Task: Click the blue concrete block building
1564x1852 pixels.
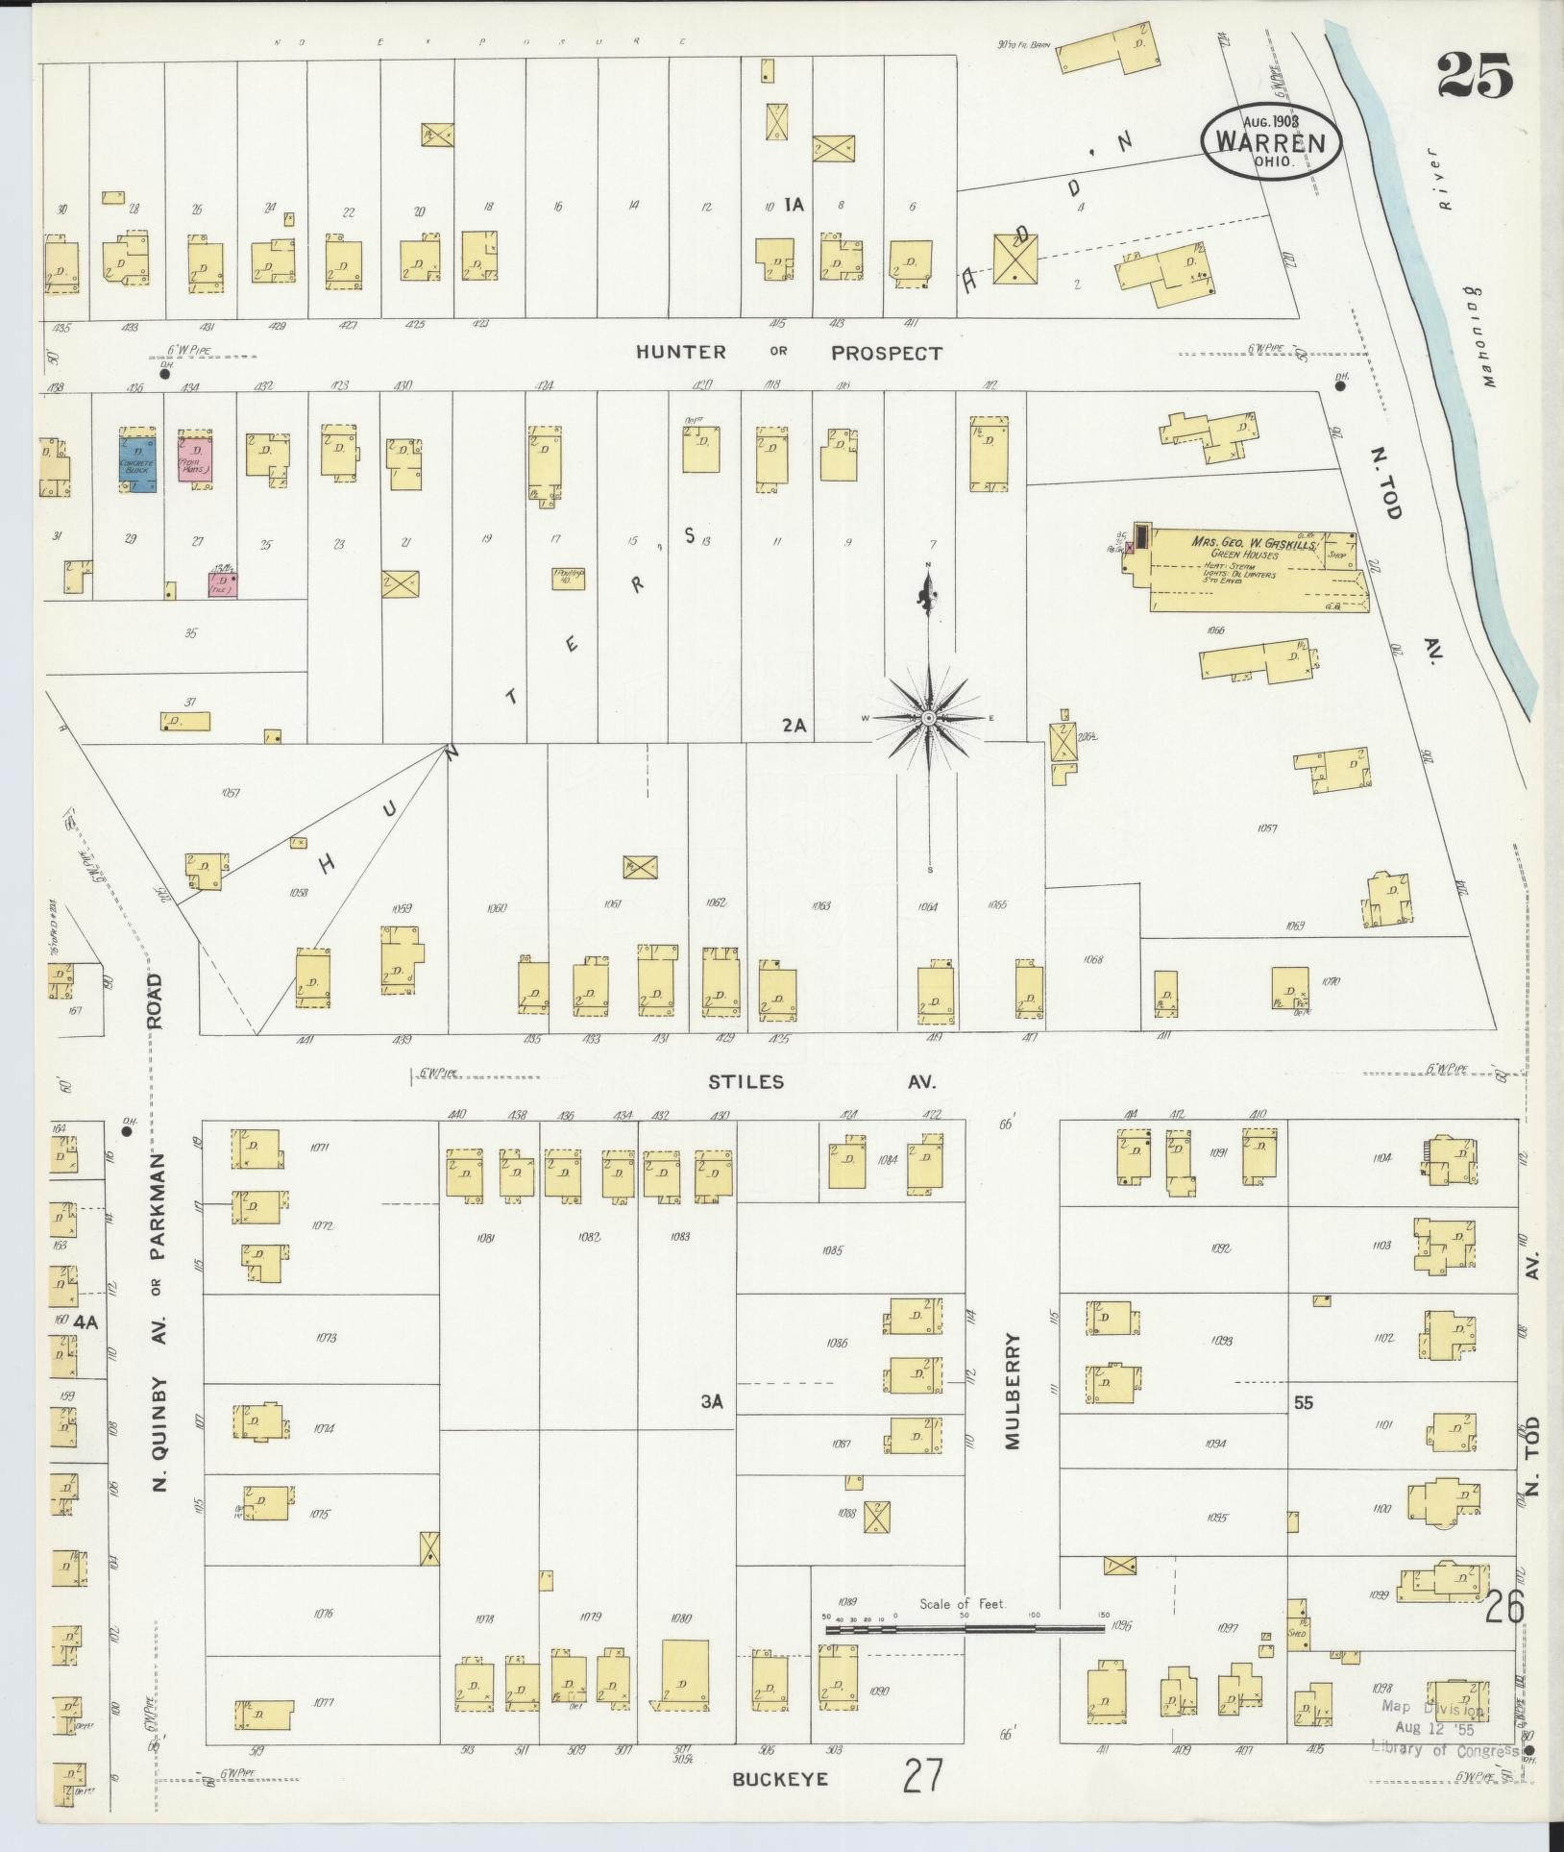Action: pos(137,461)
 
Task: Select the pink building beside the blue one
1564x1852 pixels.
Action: pos(195,459)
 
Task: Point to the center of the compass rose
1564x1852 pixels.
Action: pos(929,718)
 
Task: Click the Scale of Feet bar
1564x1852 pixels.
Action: pos(965,1628)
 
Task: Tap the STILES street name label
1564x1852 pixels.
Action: pos(745,1082)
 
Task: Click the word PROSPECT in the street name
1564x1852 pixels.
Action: pos(886,353)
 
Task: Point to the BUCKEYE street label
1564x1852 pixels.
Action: pos(779,1778)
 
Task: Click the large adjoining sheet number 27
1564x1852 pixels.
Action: pos(923,1775)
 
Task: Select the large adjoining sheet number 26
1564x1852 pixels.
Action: pos(1503,1606)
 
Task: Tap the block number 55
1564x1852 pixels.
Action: pos(1303,1402)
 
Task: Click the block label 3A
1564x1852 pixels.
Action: pos(710,1402)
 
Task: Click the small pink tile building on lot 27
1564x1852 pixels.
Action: pos(223,582)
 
